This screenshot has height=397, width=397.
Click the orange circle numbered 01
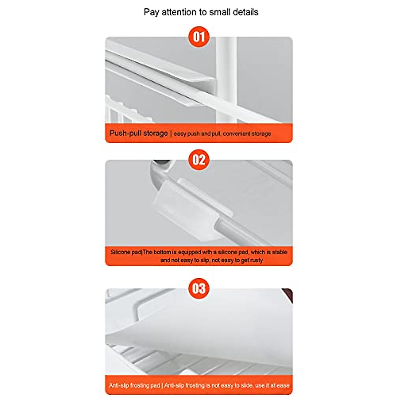[199, 36]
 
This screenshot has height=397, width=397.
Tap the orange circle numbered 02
[199, 160]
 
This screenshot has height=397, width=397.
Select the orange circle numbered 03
[199, 288]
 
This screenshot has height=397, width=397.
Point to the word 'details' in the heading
[245, 12]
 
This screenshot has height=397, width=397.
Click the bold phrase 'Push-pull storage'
[139, 133]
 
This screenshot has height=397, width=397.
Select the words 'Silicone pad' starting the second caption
[126, 252]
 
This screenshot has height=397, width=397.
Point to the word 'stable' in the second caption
[279, 252]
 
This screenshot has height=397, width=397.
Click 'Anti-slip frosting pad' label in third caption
[134, 385]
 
